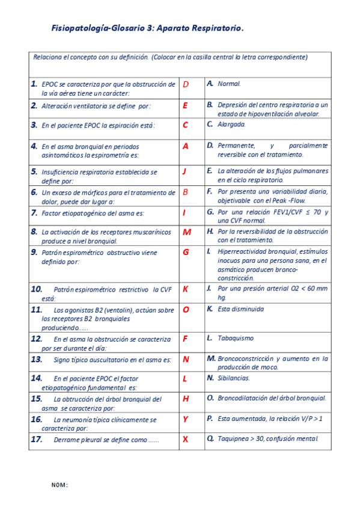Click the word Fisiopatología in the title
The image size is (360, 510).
[81, 28]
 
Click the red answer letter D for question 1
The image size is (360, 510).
[186, 85]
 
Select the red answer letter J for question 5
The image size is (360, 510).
[185, 171]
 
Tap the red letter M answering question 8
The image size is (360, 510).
[186, 232]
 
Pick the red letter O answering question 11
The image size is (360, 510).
[186, 310]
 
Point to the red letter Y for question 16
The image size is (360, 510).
[185, 419]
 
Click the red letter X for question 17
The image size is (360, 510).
[185, 440]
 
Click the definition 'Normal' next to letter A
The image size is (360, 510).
[229, 84]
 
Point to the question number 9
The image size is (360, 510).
[34, 252]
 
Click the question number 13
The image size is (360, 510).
[36, 359]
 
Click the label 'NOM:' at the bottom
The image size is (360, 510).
[59, 485]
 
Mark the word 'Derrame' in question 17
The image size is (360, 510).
[66, 440]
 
